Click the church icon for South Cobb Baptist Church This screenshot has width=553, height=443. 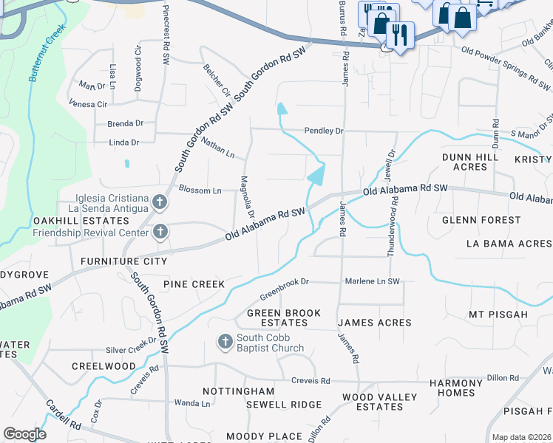coord(225,342)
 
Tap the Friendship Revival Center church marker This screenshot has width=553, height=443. coord(160,233)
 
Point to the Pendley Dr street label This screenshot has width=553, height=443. coord(324,131)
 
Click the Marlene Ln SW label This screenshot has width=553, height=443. coord(372,282)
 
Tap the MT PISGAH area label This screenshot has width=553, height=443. coord(498,315)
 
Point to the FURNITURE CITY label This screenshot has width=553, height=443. coord(124,261)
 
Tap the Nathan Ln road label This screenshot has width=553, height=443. coord(217,146)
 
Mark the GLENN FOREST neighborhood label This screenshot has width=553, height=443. coord(481,220)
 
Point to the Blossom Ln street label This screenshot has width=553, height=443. coord(200,190)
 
